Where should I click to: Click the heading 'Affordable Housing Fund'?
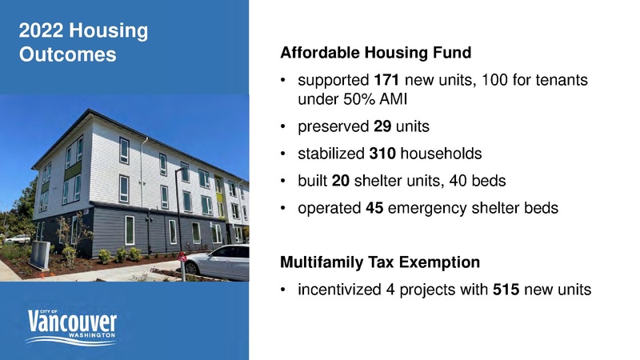pos(376,54)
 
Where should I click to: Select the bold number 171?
pos(386,82)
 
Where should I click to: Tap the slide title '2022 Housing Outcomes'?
pos(82,43)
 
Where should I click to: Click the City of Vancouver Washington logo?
pos(73,327)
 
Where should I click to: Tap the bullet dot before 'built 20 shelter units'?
pos(285,179)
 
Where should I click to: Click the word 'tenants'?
pos(560,82)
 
